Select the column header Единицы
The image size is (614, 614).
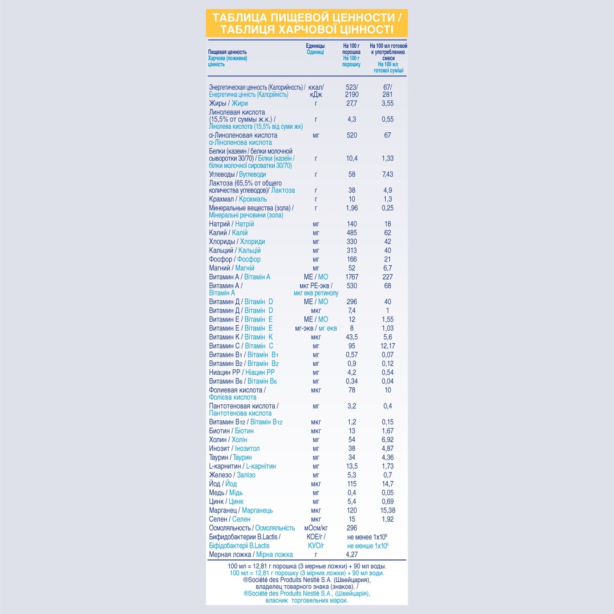point(315,46)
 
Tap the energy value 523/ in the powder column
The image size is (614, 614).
point(352,87)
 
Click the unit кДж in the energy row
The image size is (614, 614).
point(316,95)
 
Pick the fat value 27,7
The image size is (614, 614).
point(352,103)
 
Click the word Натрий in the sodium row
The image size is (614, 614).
point(219,224)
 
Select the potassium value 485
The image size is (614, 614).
point(352,233)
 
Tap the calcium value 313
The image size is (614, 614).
point(352,251)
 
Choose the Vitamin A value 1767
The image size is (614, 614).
point(352,277)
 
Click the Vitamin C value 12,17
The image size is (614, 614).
point(388,346)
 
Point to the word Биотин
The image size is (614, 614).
point(219,431)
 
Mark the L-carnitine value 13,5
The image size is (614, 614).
point(352,466)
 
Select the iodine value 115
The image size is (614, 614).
point(352,484)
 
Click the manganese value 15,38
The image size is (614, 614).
point(388,510)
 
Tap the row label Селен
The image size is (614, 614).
point(218,519)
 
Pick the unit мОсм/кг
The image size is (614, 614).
point(316,528)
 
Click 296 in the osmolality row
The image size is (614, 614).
point(352,528)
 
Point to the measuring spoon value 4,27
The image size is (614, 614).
point(352,554)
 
